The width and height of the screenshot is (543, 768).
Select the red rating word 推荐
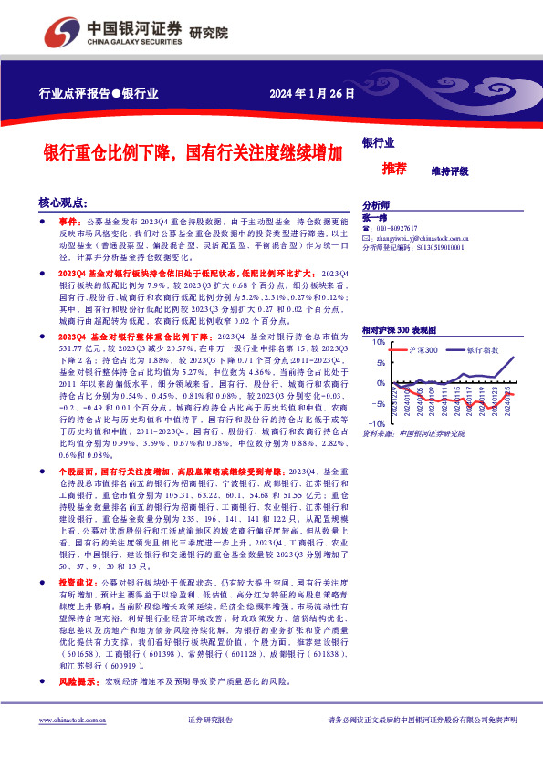point(394,169)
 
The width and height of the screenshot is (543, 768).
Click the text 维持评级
point(450,171)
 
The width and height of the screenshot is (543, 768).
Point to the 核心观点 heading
point(63,202)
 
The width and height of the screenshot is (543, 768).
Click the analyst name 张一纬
point(374,217)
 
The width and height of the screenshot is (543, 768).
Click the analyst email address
point(420,237)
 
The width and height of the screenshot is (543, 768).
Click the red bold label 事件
point(69,222)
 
